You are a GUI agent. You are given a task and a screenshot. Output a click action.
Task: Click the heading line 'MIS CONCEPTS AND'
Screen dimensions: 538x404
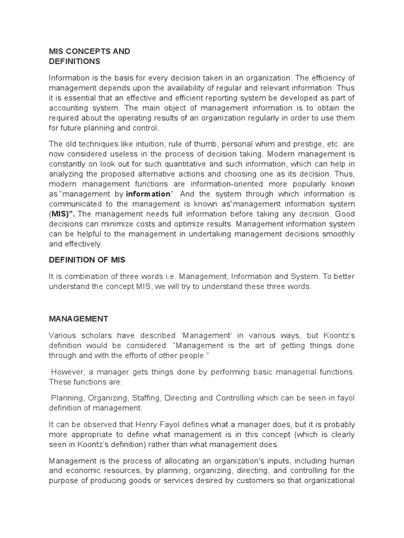coord(89,51)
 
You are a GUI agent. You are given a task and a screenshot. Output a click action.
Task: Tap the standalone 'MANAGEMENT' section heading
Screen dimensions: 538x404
coord(78,318)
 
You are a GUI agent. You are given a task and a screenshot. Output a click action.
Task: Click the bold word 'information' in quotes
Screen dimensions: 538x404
coord(148,194)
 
